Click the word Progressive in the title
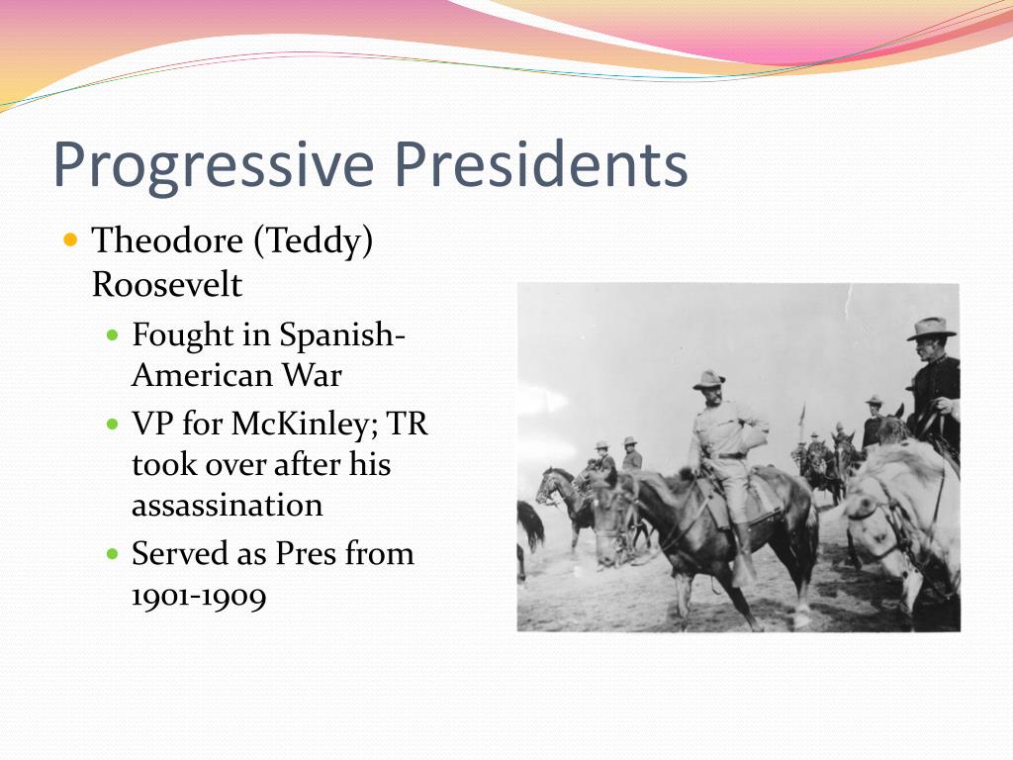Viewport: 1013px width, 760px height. [214, 165]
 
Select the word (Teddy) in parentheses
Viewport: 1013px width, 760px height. [314, 242]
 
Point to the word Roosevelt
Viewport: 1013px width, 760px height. [166, 284]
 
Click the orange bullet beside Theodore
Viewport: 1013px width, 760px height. [71, 240]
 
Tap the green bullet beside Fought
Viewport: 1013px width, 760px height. [113, 335]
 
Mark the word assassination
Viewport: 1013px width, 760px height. [227, 505]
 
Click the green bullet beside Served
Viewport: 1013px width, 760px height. [113, 554]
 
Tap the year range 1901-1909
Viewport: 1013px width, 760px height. [198, 595]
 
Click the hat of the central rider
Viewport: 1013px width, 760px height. [708, 380]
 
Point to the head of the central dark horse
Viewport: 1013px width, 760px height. [609, 511]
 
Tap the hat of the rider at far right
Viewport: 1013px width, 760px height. [931, 329]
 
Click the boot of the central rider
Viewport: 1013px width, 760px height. [743, 556]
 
